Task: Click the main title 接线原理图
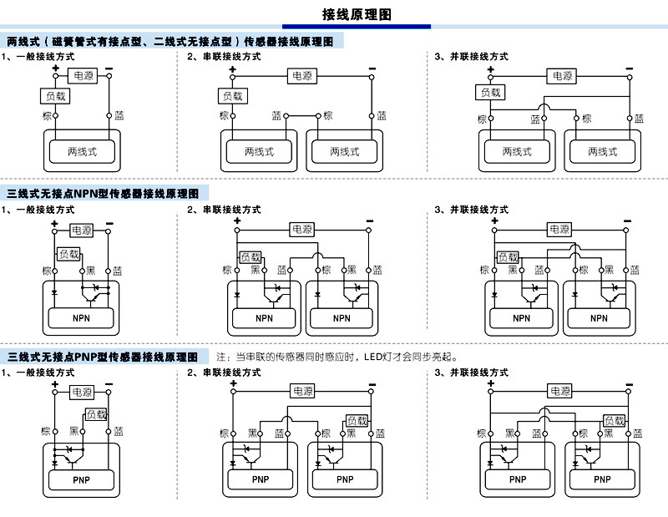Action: [x=357, y=14]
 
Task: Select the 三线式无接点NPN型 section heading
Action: [x=103, y=194]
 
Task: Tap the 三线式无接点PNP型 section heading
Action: [x=102, y=357]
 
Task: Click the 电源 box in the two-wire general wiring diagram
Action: [x=83, y=76]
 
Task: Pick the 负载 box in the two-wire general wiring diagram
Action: [x=55, y=96]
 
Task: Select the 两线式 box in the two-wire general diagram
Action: [x=82, y=151]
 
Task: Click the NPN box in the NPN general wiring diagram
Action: [x=81, y=318]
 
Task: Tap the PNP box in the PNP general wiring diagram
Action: [x=81, y=480]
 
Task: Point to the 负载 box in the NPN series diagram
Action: [x=250, y=257]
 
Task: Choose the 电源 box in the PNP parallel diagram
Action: [x=559, y=391]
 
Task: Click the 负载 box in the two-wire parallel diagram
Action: [x=490, y=92]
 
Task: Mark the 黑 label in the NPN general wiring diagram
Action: [x=91, y=271]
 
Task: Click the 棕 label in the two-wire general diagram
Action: [x=47, y=115]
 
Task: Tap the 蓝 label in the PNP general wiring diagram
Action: [x=119, y=431]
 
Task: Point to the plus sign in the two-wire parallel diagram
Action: [x=491, y=69]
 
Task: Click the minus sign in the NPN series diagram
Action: [x=369, y=220]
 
